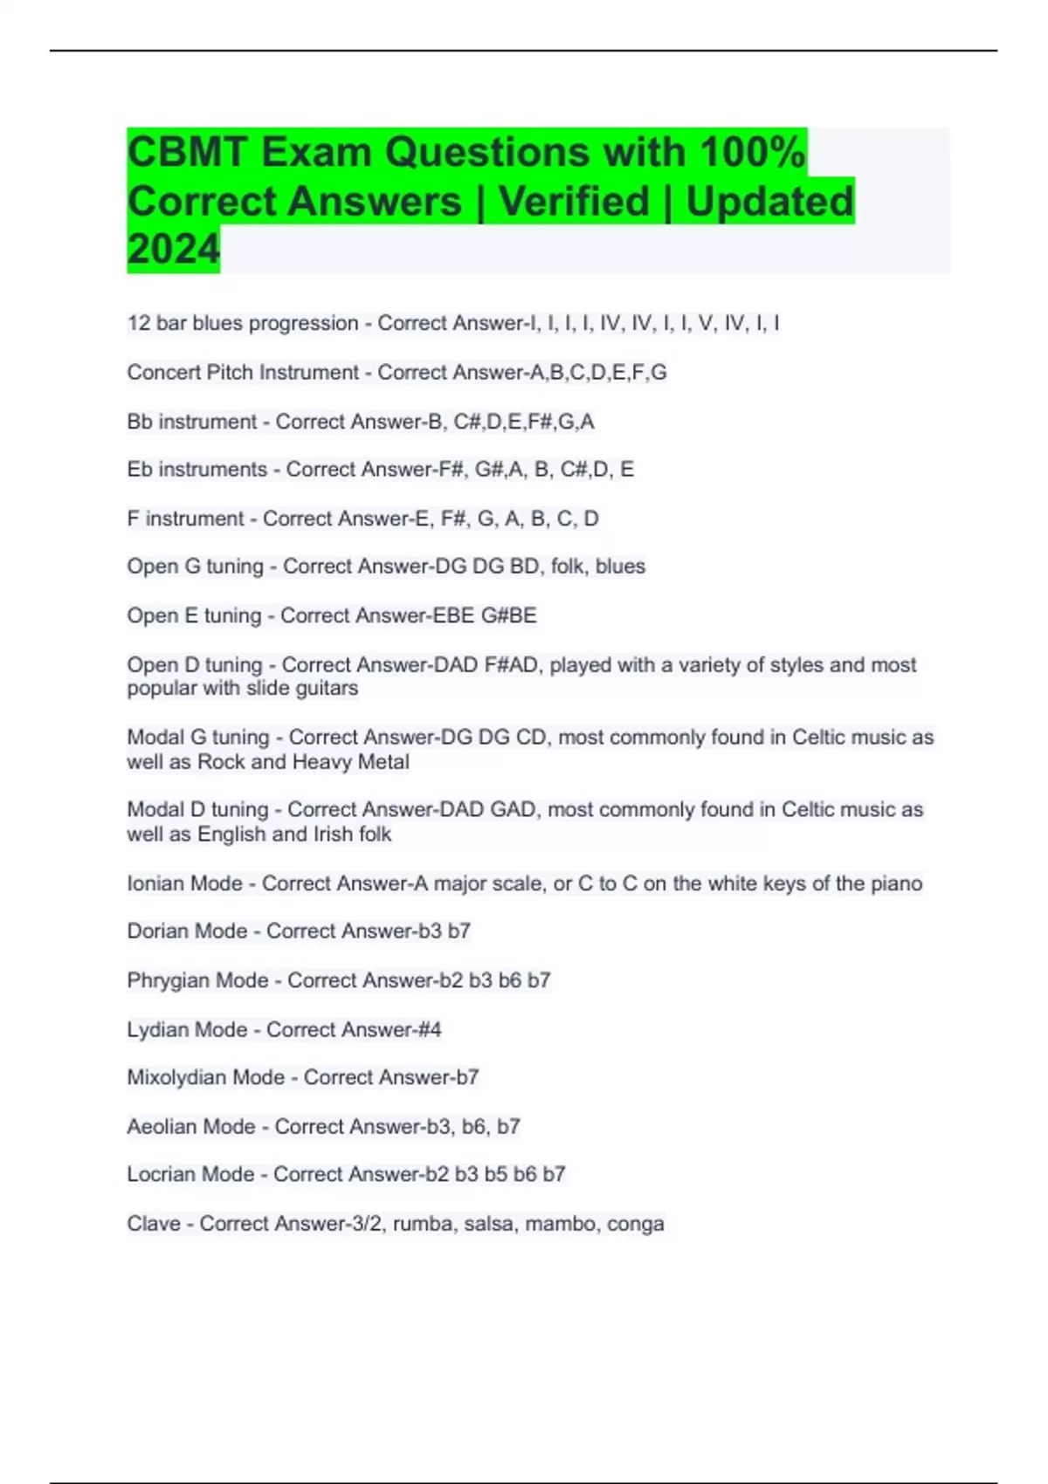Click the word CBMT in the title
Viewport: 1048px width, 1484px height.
186,153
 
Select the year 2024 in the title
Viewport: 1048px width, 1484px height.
173,249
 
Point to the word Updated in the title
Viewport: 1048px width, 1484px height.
769,202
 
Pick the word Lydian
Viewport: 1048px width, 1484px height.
155,1030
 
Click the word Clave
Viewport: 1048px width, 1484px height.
153,1224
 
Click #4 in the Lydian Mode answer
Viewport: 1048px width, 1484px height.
430,1030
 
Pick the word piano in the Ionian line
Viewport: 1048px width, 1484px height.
897,883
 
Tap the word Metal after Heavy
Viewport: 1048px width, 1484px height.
383,762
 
